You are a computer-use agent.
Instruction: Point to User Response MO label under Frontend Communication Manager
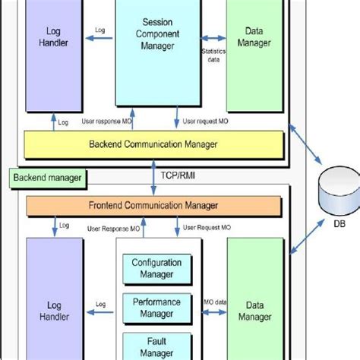click(x=112, y=227)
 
